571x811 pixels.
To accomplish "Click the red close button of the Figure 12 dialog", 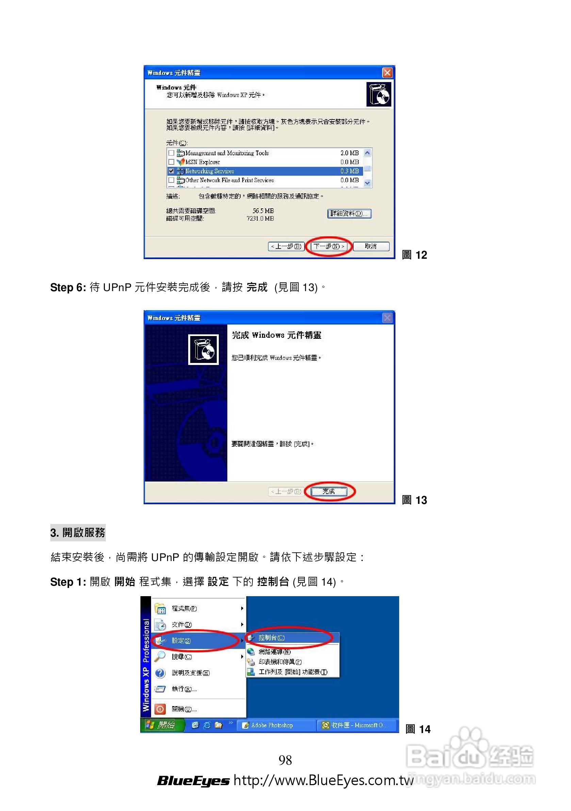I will (x=387, y=73).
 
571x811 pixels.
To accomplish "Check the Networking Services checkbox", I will (x=171, y=171).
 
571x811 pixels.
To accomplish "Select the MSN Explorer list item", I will (x=202, y=162).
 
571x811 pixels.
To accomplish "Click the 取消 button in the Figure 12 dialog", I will (x=371, y=246).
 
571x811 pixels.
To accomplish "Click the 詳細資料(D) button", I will (x=349, y=214).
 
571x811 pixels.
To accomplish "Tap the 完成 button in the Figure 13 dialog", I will (x=328, y=491).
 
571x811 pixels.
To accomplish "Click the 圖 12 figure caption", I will (x=414, y=255).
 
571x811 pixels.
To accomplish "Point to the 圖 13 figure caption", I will (x=414, y=500).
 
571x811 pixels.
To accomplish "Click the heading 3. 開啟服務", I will (x=78, y=532).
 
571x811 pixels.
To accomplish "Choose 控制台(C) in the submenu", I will (x=271, y=638).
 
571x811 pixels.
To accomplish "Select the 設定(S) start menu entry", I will (x=181, y=640).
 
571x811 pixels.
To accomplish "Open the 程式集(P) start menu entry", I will (x=184, y=608).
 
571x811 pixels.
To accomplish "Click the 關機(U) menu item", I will (x=184, y=709).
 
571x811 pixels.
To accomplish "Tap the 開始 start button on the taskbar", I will (x=162, y=725).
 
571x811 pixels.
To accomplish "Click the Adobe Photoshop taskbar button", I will (x=272, y=725).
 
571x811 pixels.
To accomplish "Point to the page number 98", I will (x=285, y=760).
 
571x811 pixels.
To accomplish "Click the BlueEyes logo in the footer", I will (x=193, y=781).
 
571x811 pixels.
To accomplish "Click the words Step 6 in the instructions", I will (x=68, y=287).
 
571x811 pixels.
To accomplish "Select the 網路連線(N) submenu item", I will (x=274, y=651).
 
